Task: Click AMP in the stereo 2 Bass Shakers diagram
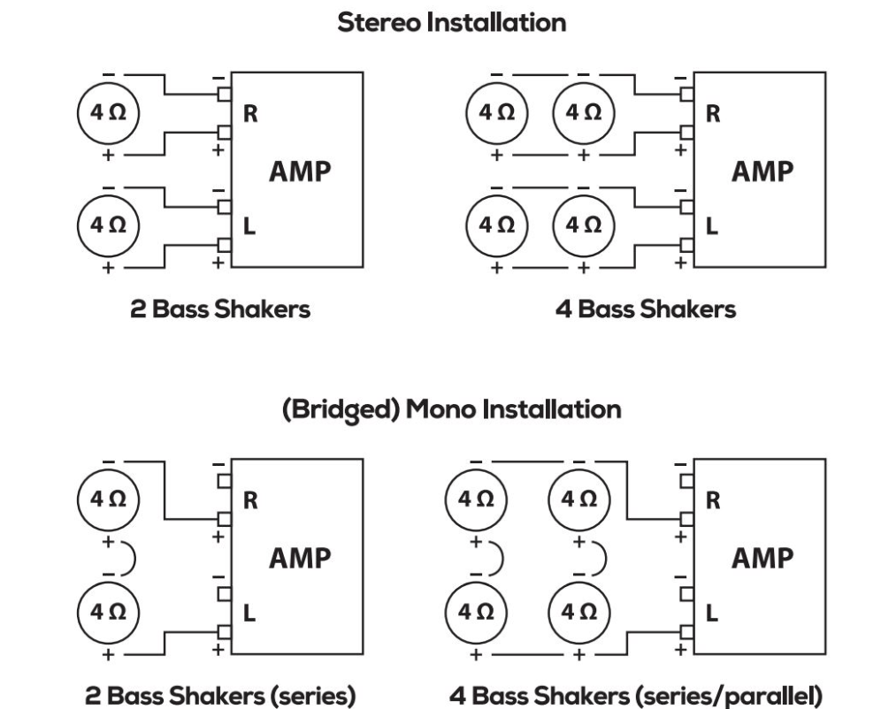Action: pyautogui.click(x=299, y=171)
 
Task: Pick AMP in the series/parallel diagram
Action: pyautogui.click(x=762, y=559)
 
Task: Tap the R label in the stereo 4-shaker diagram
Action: pyautogui.click(x=712, y=114)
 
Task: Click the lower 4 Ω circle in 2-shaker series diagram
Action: pyautogui.click(x=108, y=611)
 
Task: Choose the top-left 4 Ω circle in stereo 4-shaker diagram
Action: pyautogui.click(x=496, y=112)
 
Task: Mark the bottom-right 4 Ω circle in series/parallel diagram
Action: pyautogui.click(x=578, y=611)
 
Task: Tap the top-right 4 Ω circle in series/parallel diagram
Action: pyautogui.click(x=578, y=498)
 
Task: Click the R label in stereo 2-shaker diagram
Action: pyautogui.click(x=250, y=114)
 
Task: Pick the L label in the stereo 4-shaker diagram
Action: pyautogui.click(x=712, y=227)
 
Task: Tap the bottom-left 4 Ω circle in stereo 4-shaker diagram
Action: pyautogui.click(x=496, y=225)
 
